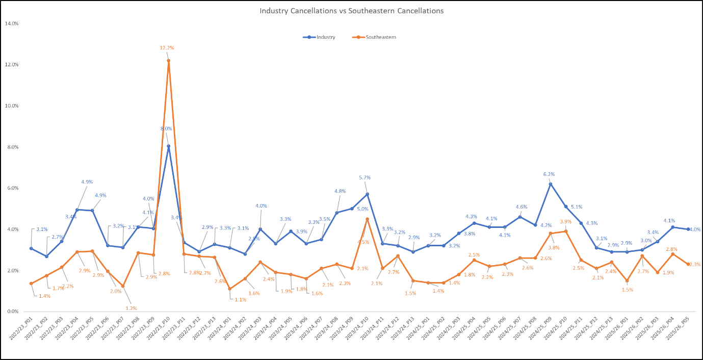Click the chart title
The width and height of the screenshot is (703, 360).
coord(351,11)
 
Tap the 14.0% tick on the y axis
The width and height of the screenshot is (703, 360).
coord(11,23)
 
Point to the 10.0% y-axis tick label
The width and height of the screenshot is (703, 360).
coord(11,106)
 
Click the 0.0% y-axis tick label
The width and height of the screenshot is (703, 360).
coord(12,312)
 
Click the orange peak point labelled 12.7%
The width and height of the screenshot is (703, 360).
coord(169,61)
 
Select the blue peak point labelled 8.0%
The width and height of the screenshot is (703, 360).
coord(169,146)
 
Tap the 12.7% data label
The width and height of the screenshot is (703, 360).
coord(167,48)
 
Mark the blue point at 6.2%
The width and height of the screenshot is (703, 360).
coord(551,184)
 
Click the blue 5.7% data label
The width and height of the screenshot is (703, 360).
coord(365,177)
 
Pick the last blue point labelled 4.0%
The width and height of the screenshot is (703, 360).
coord(688,229)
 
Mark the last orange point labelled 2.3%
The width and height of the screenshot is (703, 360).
coord(688,264)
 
